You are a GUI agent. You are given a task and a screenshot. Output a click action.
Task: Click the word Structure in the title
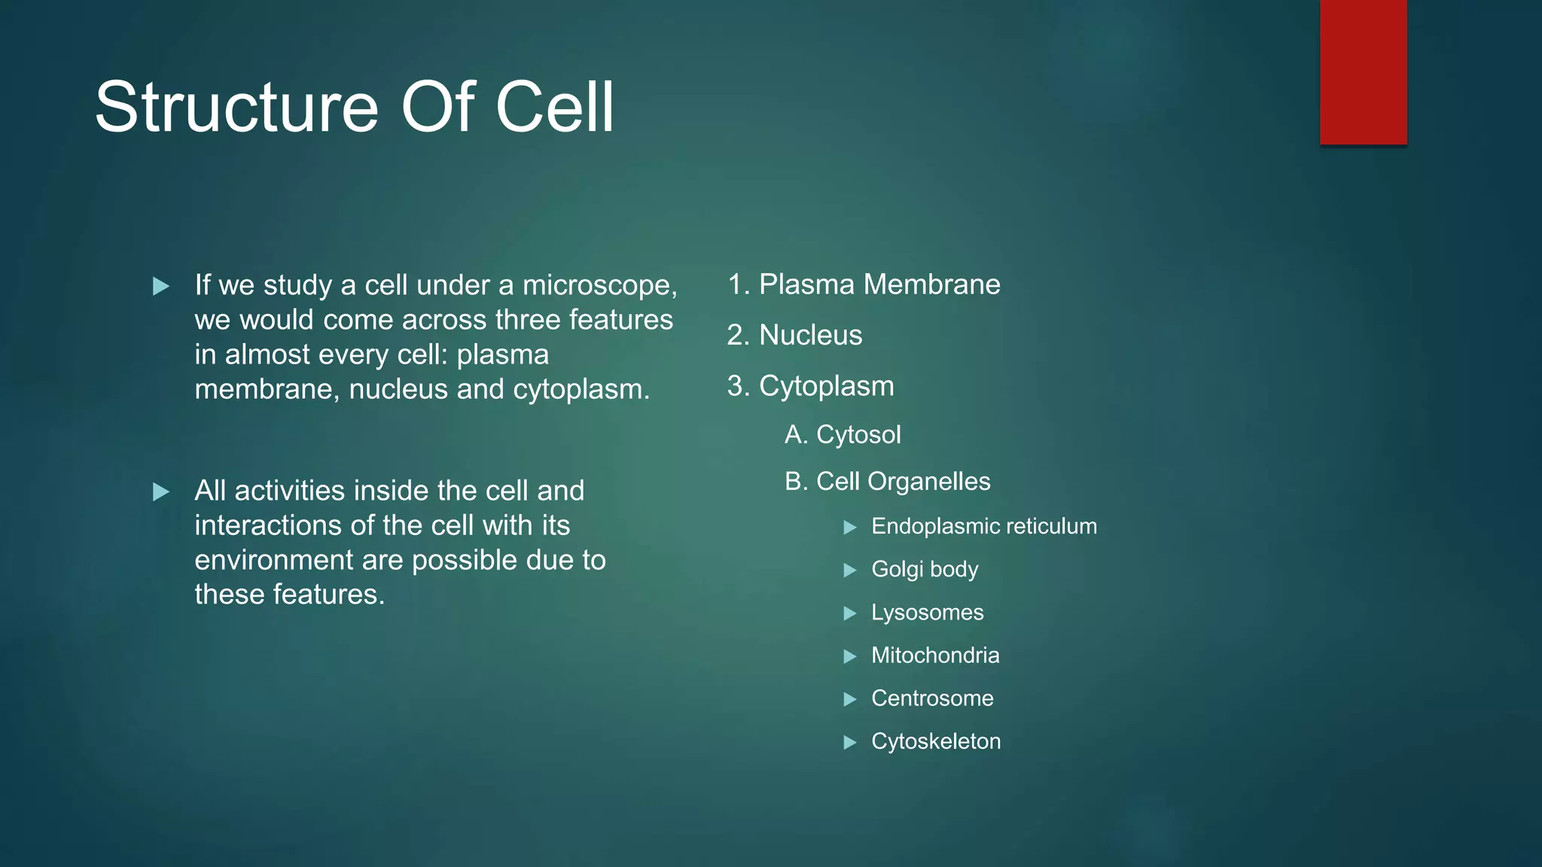click(236, 108)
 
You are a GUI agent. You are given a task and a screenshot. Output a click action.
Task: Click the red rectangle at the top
click(1363, 71)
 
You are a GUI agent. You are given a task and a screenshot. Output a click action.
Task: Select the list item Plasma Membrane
click(879, 284)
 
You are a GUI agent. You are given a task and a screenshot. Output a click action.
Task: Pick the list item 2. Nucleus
click(794, 335)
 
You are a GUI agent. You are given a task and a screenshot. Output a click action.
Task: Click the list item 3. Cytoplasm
click(810, 386)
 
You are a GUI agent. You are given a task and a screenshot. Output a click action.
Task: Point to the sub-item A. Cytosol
click(843, 435)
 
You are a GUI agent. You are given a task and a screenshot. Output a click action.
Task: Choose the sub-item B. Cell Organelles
click(887, 482)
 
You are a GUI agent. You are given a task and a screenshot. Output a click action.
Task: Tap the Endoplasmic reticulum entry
click(983, 526)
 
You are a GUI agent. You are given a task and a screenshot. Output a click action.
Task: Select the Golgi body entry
click(925, 570)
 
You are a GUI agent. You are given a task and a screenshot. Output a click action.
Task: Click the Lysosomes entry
click(927, 613)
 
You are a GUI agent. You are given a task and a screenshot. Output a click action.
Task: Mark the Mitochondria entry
click(935, 656)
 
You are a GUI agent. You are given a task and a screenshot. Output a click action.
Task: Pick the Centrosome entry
click(932, 698)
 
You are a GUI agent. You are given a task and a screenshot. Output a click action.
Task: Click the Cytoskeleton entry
click(936, 741)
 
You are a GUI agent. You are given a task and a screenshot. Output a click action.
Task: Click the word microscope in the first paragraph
click(599, 286)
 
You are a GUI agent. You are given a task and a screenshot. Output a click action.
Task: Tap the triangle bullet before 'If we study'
click(160, 287)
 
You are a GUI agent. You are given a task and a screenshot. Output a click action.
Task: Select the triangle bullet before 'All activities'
click(160, 492)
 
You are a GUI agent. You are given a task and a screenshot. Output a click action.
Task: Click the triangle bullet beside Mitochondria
click(850, 656)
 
